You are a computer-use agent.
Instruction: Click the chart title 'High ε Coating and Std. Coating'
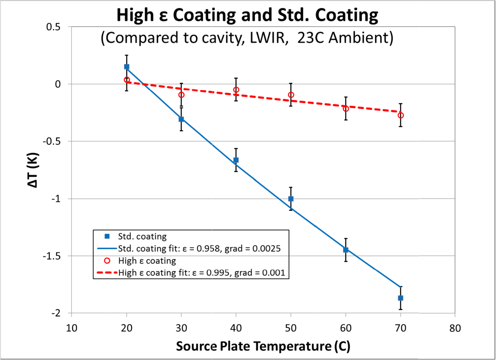pos(247,16)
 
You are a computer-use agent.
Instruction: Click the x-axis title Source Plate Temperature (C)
pos(263,346)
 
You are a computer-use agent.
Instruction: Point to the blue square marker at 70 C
pos(401,298)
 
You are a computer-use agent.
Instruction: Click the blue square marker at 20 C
pos(127,67)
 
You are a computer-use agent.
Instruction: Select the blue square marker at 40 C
pos(236,160)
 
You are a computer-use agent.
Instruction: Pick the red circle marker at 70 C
pos(401,115)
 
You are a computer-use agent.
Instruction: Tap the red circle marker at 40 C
pos(236,90)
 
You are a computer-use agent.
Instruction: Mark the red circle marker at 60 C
pos(346,108)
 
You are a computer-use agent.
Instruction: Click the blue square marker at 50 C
pos(291,199)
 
